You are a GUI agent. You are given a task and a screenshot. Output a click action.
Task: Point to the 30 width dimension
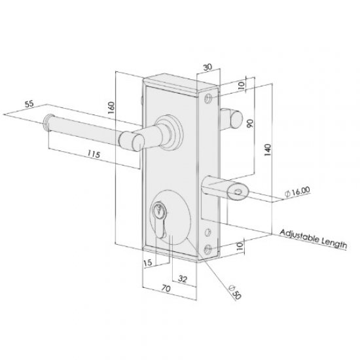click(x=207, y=67)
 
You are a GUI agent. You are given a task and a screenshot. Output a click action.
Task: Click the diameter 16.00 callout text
click(x=298, y=190)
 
